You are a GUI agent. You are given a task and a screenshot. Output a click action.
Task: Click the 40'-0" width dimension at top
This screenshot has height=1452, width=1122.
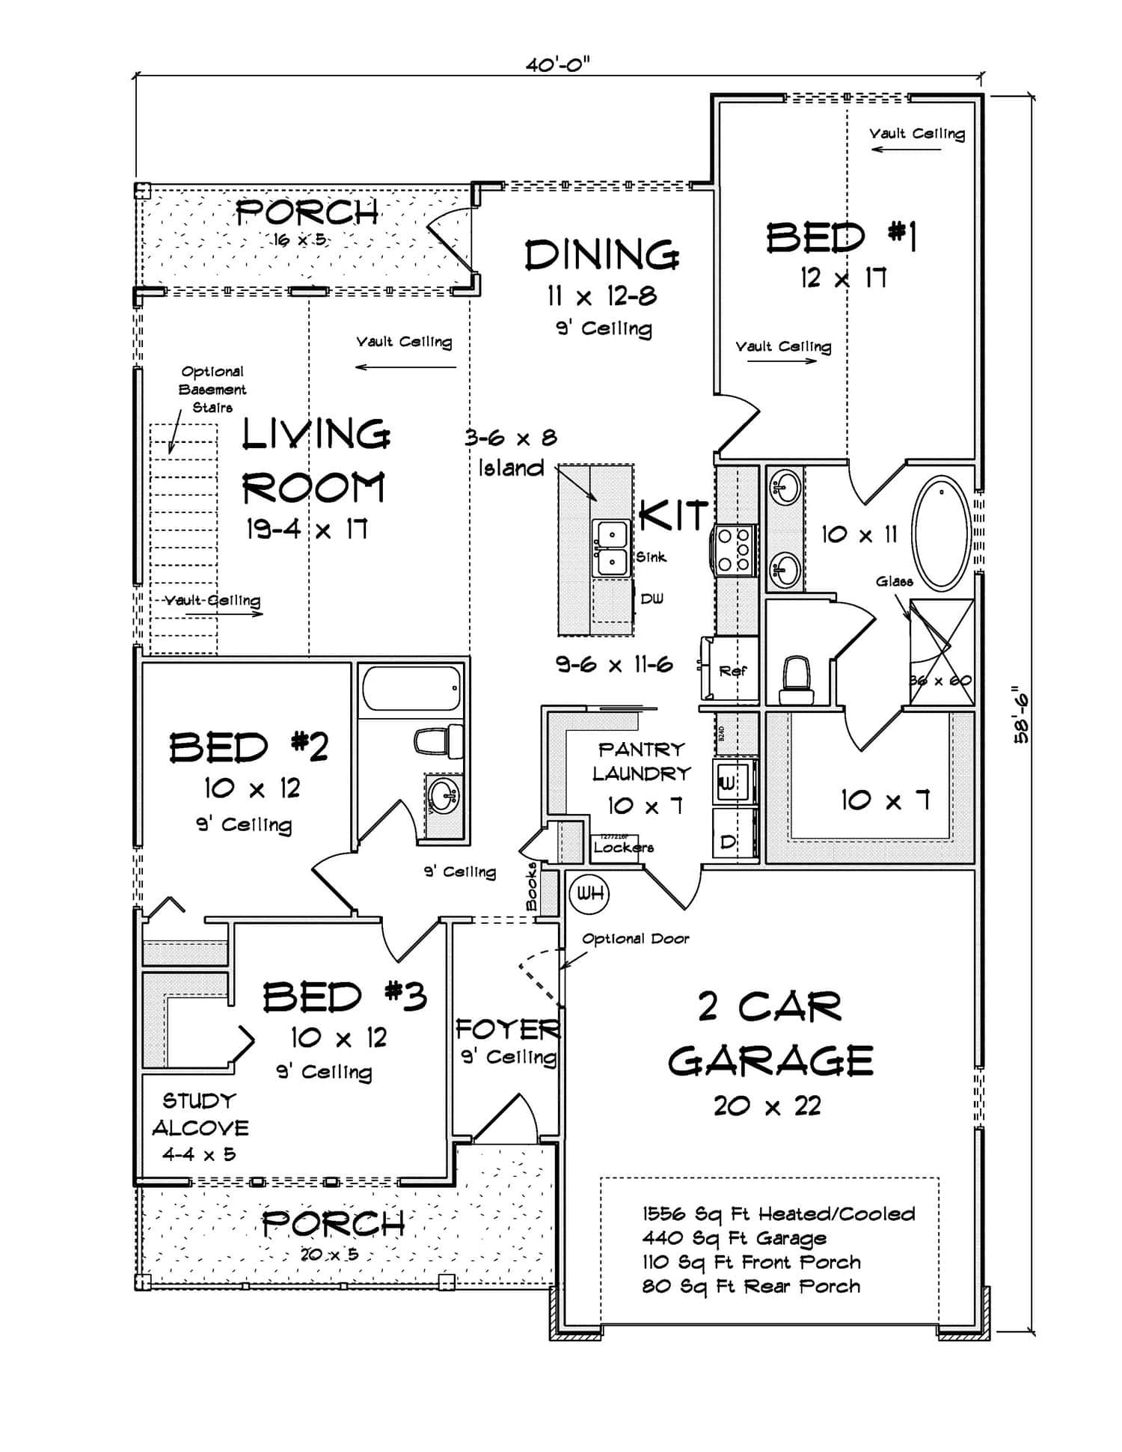(x=557, y=65)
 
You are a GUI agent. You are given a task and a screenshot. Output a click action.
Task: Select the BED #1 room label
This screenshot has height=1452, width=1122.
(x=842, y=238)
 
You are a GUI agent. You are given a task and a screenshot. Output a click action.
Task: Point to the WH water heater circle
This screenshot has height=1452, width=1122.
(x=589, y=893)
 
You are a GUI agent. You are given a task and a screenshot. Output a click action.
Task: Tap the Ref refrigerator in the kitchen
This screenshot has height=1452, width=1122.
(x=732, y=671)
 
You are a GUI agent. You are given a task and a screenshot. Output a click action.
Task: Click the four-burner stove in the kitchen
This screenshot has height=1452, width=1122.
(x=735, y=550)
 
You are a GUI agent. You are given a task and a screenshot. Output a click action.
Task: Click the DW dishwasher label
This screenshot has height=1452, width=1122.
(x=652, y=598)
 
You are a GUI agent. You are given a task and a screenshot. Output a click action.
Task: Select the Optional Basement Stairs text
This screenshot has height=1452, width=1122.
(x=212, y=389)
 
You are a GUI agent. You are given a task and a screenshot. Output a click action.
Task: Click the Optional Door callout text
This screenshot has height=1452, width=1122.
(x=635, y=938)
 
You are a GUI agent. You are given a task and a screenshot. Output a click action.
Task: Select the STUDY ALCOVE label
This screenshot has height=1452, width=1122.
(x=200, y=1114)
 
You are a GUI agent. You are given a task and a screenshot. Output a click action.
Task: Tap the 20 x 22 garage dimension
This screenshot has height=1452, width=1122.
(x=767, y=1105)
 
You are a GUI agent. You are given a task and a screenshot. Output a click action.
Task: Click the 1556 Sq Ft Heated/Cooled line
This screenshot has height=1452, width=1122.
(x=778, y=1213)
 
